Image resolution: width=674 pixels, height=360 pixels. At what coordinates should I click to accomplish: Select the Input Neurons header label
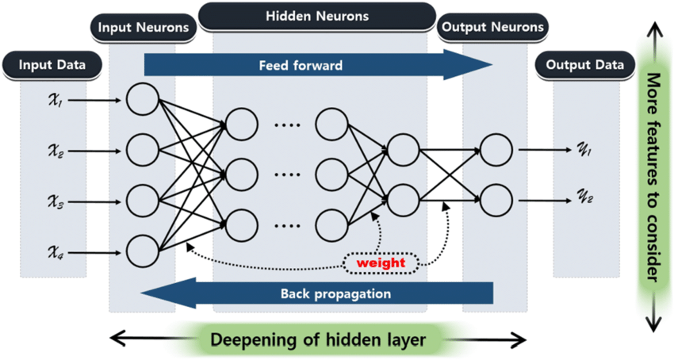(143, 28)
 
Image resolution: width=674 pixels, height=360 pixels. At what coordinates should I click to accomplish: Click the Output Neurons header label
(492, 27)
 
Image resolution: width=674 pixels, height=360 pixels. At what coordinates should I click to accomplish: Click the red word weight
(381, 262)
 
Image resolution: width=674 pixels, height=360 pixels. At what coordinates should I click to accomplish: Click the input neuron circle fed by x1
(143, 101)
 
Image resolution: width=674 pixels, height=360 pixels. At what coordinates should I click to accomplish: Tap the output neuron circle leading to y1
(496, 149)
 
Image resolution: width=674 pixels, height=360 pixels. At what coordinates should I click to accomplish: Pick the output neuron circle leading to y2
(496, 199)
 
